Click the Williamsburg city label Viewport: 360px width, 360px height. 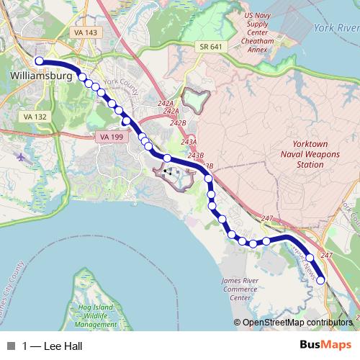point(41,75)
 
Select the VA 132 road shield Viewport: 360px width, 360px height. point(35,116)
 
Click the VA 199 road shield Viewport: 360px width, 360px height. point(104,136)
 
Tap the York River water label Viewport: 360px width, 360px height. point(336,28)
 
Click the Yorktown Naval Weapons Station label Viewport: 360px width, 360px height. point(301,154)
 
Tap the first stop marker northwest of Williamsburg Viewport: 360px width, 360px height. point(40,61)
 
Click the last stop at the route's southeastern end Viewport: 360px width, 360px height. point(321,280)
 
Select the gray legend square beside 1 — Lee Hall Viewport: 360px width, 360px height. point(10,346)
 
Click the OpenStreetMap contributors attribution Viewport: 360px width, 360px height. point(296,323)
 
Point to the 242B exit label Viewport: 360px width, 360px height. point(178,123)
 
